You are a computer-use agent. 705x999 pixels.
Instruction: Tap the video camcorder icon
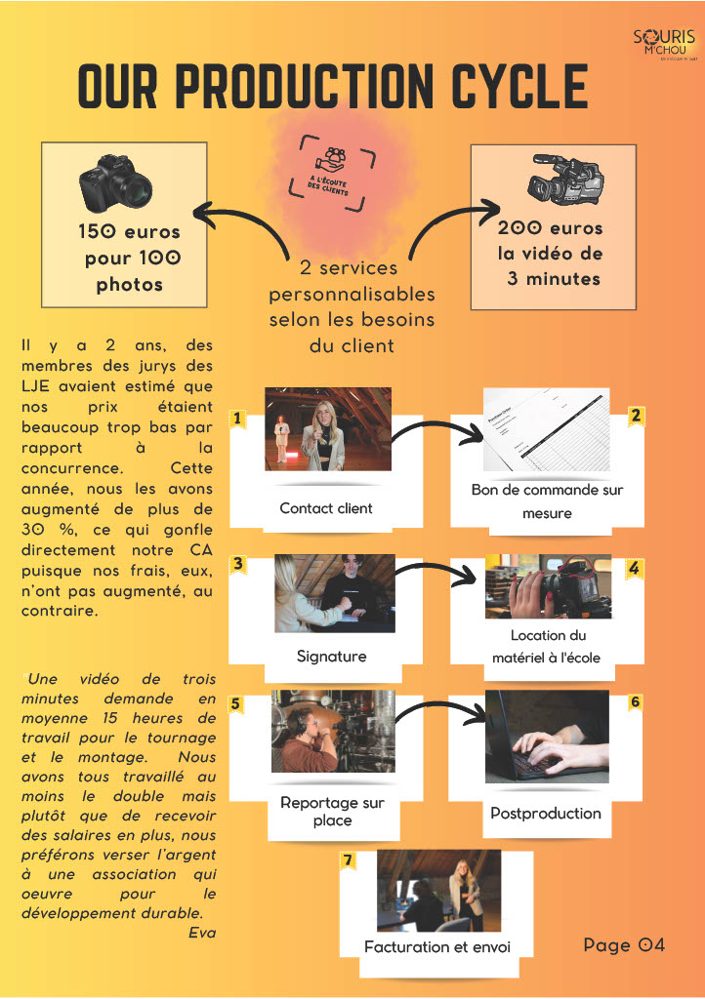pos(565,181)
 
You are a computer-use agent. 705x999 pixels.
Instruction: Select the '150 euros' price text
pos(129,232)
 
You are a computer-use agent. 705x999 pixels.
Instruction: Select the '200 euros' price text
pos(551,228)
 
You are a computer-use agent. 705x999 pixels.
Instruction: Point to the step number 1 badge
pos(236,419)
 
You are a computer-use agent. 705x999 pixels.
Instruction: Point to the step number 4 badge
pos(634,568)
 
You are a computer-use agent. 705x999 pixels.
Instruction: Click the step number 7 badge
pos(347,859)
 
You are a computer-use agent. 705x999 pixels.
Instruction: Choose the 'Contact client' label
pos(326,508)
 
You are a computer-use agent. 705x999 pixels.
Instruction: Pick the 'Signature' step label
pos(331,657)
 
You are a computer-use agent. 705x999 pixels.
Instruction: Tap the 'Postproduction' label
pos(546,813)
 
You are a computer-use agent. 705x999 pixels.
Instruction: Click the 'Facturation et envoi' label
pos(436,946)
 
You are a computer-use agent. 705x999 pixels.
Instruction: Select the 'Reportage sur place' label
pos(332,812)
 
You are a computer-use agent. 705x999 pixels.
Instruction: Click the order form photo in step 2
pos(546,430)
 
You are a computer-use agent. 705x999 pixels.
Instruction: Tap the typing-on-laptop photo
pos(547,737)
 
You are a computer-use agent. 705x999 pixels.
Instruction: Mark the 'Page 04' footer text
pos(624,944)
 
